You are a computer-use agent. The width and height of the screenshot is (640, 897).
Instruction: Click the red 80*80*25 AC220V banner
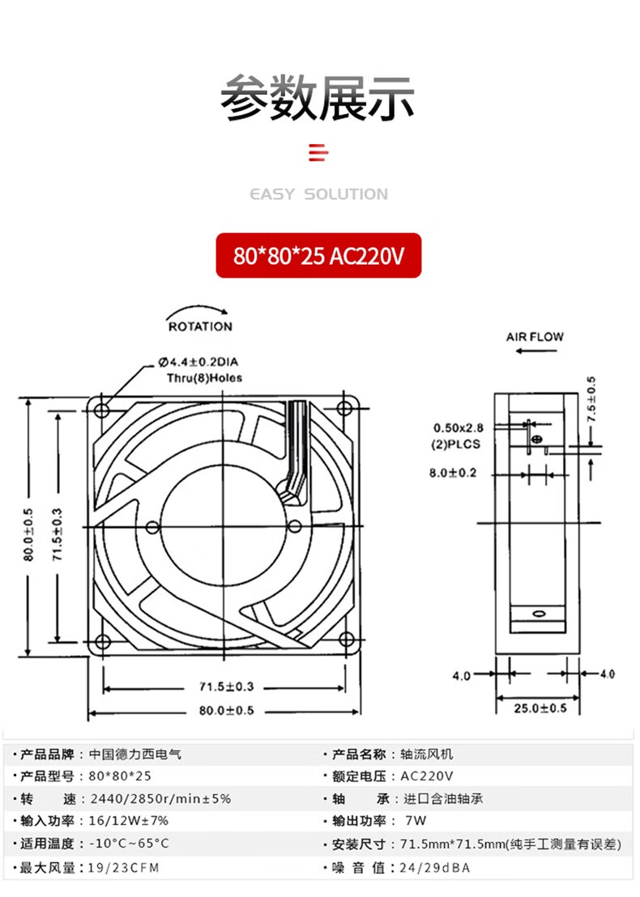point(318,255)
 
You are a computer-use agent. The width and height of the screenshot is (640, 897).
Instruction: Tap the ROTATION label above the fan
point(200,326)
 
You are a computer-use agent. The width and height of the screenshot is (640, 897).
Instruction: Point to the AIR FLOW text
point(535,337)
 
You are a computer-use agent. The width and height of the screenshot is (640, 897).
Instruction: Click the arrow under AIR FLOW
point(536,351)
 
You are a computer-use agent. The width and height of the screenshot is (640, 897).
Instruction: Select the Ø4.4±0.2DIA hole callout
point(198,362)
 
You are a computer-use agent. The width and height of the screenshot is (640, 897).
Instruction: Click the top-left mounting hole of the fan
point(102,410)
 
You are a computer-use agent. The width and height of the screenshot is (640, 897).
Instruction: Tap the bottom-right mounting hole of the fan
point(346,639)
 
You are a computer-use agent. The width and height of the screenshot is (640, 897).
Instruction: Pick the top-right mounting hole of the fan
point(344,409)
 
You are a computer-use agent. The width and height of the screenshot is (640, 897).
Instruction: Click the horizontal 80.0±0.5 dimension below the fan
point(227,711)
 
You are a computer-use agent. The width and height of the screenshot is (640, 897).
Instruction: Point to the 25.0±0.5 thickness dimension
point(540,708)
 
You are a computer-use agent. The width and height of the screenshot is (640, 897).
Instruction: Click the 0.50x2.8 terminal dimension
point(459,428)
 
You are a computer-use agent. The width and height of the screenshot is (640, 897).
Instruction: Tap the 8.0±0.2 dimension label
point(453,473)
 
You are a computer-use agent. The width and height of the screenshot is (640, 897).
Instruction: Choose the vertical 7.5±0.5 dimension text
point(591,400)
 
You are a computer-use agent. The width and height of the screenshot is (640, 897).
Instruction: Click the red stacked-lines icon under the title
point(318,153)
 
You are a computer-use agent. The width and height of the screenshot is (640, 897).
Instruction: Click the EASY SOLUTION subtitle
point(319,194)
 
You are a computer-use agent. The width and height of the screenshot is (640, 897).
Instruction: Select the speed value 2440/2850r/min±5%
point(161,798)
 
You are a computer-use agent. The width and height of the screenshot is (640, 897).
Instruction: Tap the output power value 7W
point(416,820)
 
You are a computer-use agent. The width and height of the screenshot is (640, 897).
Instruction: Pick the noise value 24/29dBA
point(435,868)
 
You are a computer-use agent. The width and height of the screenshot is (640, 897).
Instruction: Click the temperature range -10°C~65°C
point(130,844)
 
